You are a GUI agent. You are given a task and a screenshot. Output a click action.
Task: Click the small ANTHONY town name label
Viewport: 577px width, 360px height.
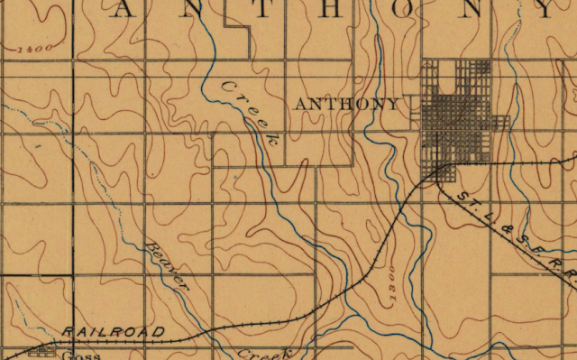[x=346, y=104]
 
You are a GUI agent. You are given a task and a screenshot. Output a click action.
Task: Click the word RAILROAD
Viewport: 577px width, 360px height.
[x=114, y=332]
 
